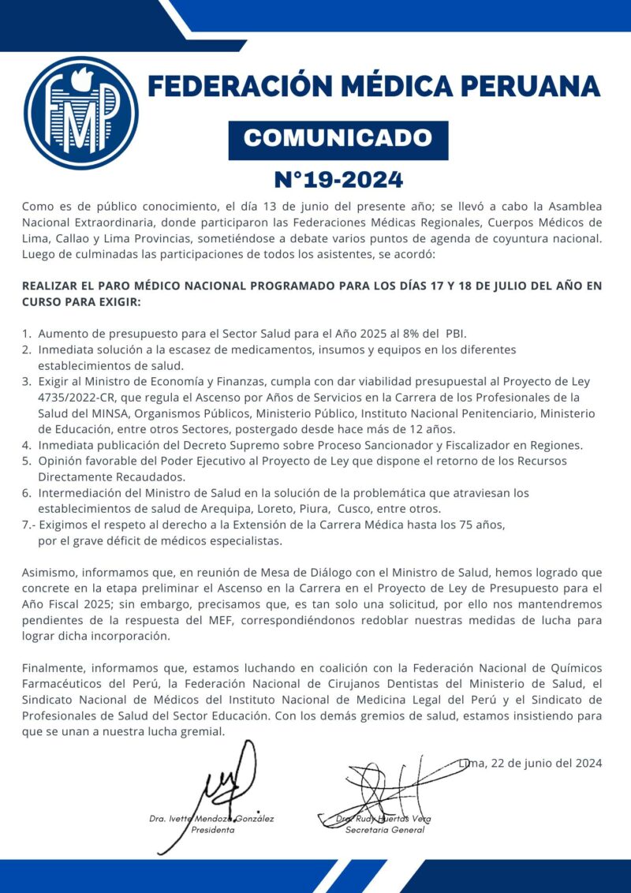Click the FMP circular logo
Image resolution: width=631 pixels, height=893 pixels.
click(x=81, y=114)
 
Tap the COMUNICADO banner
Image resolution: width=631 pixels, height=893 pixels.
click(x=338, y=140)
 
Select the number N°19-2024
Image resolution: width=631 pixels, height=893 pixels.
click(x=338, y=179)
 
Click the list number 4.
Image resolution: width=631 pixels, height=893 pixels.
click(x=26, y=445)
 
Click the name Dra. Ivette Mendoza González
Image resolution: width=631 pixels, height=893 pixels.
click(x=211, y=819)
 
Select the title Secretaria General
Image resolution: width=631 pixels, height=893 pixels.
click(x=385, y=830)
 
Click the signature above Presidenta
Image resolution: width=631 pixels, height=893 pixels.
click(x=229, y=781)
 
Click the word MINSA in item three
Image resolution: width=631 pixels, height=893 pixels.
click(x=110, y=413)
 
